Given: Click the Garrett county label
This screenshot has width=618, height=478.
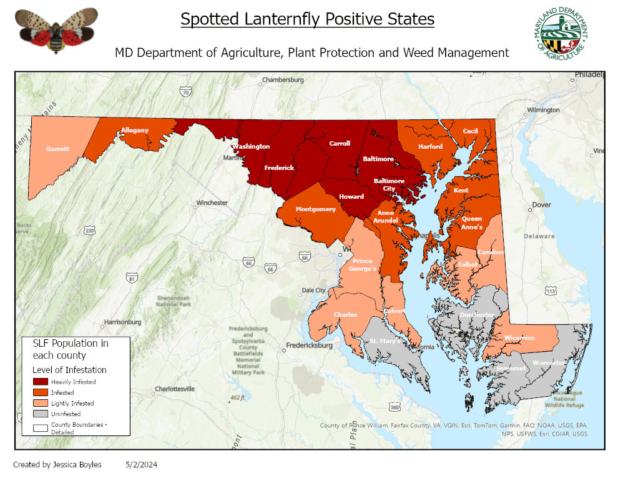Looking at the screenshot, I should tap(57, 149).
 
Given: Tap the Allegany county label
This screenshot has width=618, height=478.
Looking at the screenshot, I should tap(135, 130).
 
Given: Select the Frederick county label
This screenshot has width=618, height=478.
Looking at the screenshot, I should tap(279, 167).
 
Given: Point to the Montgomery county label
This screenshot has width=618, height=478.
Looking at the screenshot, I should tap(315, 209).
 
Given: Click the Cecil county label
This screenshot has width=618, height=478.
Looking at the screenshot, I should tap(470, 131).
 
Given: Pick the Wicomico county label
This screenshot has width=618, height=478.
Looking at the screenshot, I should tap(519, 337).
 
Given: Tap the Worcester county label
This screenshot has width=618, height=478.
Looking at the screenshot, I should tap(549, 362).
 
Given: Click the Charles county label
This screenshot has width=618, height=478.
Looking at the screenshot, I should tap(345, 314).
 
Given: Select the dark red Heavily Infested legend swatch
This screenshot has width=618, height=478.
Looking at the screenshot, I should tap(41, 381).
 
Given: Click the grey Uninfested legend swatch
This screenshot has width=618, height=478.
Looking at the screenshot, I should tap(41, 414).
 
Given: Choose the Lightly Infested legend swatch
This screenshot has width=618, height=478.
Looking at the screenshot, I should tap(41, 403).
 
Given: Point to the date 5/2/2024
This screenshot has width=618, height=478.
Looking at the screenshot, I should tap(141, 464).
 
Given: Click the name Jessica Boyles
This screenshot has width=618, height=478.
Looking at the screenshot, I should tap(75, 464).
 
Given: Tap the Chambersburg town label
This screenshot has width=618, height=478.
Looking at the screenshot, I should tap(283, 80).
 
